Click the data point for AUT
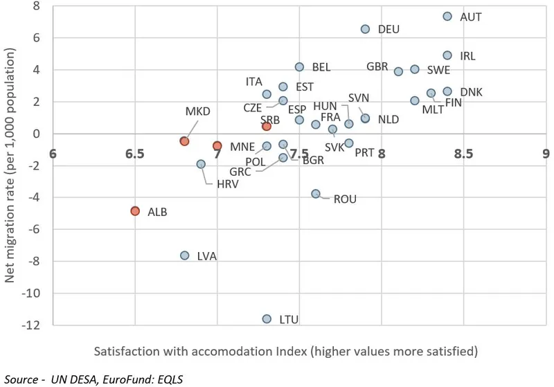(x=447, y=17)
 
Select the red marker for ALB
(x=135, y=211)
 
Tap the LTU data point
(x=267, y=319)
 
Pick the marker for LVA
(x=185, y=255)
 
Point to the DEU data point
(x=366, y=29)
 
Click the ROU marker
(x=316, y=194)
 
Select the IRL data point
(x=447, y=55)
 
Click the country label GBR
(x=377, y=67)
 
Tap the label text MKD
(x=197, y=111)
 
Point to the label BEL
(x=321, y=68)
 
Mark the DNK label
(x=472, y=92)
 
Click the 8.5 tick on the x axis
(x=464, y=154)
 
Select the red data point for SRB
(x=267, y=127)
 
